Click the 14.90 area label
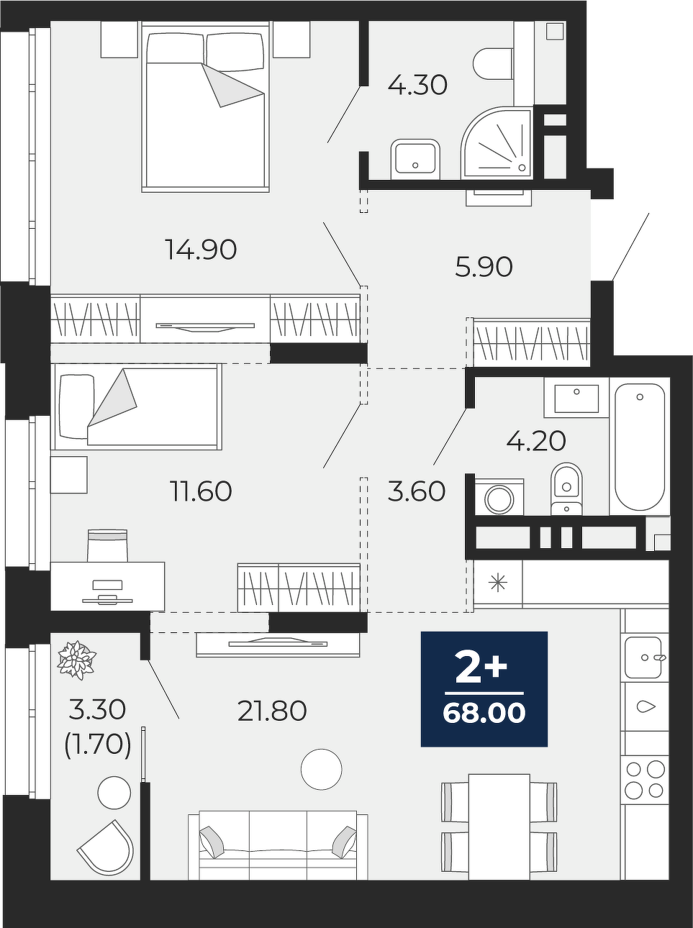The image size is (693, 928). (201, 250)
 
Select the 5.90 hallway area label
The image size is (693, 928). (484, 267)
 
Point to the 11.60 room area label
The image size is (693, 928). (201, 491)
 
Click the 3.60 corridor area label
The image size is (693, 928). (417, 491)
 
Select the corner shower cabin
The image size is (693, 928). (497, 142)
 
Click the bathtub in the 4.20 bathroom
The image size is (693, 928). (639, 445)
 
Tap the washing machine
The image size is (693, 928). (499, 497)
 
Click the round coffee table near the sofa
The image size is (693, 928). (322, 769)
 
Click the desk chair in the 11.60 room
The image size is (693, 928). (107, 545)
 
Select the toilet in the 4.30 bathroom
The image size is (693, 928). (493, 63)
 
